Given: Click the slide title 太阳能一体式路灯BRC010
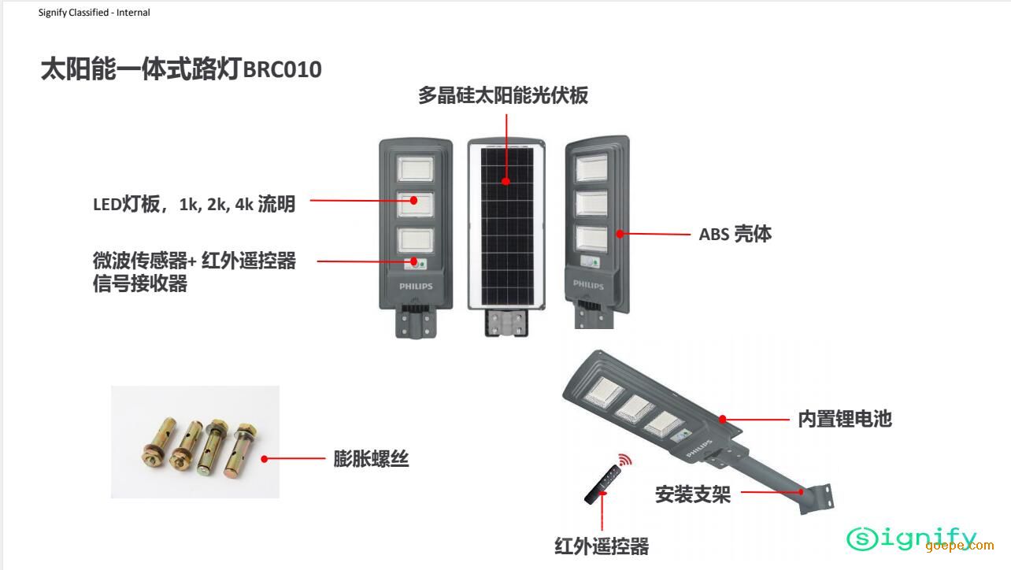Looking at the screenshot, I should (x=181, y=69).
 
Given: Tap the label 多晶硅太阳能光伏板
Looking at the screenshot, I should (x=503, y=96).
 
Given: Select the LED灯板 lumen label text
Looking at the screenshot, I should (x=194, y=204).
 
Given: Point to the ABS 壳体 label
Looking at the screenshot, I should (x=735, y=234).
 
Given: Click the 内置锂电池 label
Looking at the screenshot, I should (x=844, y=419).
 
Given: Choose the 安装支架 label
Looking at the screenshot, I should (x=693, y=494).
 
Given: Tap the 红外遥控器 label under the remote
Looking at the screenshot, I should (x=602, y=546).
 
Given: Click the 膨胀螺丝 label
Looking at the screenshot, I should (x=371, y=458).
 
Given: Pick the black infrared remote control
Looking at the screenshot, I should (x=603, y=483).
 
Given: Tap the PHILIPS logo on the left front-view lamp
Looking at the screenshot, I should (x=416, y=287).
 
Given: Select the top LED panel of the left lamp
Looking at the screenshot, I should (x=416, y=168).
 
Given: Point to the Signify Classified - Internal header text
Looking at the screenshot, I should (x=94, y=13).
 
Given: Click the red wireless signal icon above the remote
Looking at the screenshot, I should (x=624, y=459).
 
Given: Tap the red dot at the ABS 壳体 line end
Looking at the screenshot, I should (x=620, y=234).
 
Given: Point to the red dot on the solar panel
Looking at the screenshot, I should (x=506, y=181).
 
